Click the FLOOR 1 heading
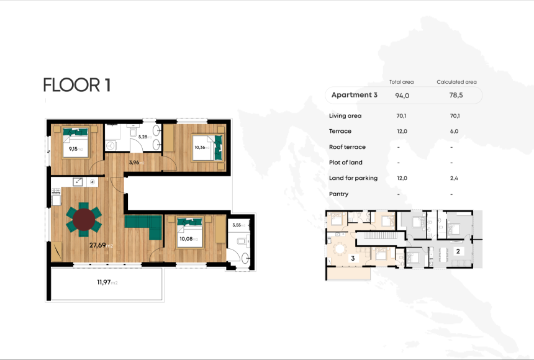(77, 85)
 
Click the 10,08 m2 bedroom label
(188, 239)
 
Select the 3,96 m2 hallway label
(136, 163)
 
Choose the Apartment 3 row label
(354, 95)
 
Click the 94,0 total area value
(403, 96)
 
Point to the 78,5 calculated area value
(456, 96)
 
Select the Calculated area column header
(456, 82)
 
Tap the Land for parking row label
(353, 178)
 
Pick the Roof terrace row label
(347, 147)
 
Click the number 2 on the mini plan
(458, 251)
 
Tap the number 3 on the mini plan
(353, 258)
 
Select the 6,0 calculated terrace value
(454, 132)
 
